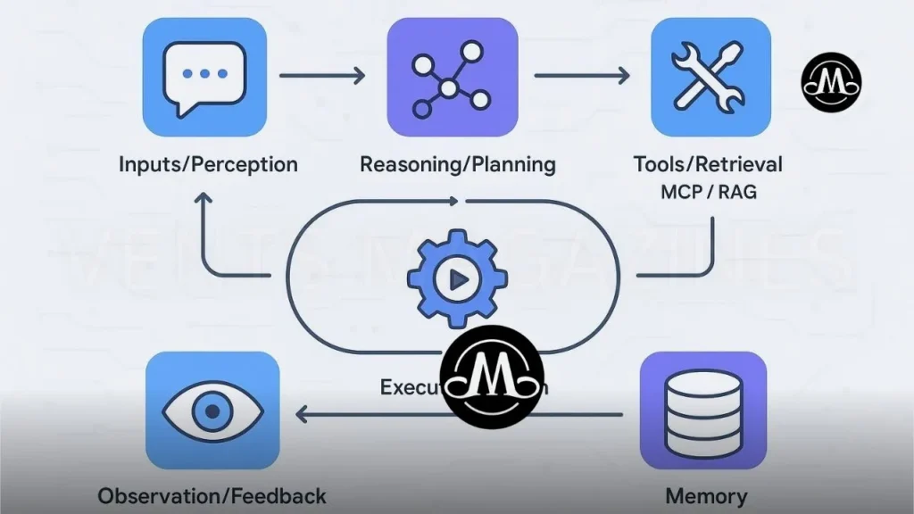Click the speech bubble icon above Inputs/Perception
[x=204, y=78]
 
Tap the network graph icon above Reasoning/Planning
[x=452, y=78]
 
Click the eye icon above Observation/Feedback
[x=212, y=410]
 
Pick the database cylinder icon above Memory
[x=702, y=411]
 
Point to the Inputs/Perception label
[x=208, y=164]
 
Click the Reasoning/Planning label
[x=457, y=164]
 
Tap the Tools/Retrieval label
[x=708, y=164]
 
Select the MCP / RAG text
[x=708, y=191]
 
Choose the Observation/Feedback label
[x=212, y=495]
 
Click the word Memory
[x=706, y=495]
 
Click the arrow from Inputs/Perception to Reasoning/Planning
[x=322, y=75]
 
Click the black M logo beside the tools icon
[x=831, y=83]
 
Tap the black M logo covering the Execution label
[x=493, y=377]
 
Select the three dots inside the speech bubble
[x=204, y=73]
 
